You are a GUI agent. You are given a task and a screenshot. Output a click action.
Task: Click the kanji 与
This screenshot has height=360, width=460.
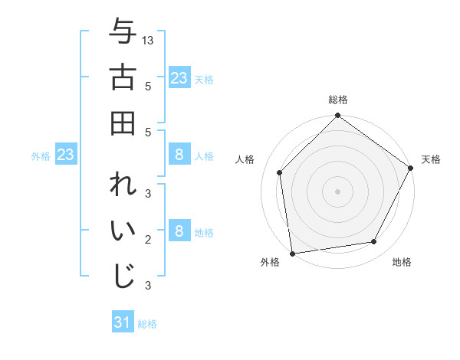[x=123, y=33]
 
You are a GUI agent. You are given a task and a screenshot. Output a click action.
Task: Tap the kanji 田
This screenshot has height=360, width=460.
[x=123, y=123]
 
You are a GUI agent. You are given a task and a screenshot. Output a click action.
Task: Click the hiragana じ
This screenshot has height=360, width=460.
[x=123, y=276]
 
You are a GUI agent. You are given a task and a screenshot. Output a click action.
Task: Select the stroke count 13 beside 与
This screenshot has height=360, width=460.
[x=149, y=40]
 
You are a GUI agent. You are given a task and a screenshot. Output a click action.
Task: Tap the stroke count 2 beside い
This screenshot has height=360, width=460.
[x=147, y=240]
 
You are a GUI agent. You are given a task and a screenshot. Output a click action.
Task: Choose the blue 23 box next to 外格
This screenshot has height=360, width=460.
[x=65, y=155]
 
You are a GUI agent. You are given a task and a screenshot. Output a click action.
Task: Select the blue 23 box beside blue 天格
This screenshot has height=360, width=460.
[x=179, y=78]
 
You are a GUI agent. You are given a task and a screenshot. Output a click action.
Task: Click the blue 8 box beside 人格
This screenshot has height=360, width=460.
[x=179, y=155]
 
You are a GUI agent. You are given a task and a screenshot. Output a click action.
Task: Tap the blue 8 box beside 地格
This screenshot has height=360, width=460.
[x=179, y=231]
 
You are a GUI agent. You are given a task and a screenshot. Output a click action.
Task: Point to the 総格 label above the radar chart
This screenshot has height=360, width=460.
[x=337, y=100]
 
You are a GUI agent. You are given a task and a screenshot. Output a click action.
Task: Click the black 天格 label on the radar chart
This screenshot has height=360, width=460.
[x=431, y=159]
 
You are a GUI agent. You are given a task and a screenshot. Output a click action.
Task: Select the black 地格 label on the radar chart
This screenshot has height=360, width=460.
[x=402, y=262]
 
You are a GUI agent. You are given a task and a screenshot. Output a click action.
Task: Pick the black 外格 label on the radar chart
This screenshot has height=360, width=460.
[x=270, y=262]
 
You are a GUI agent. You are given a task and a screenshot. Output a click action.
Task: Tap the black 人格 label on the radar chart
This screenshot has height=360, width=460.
[x=245, y=159]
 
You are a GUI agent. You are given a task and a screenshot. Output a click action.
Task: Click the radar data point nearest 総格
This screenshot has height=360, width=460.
[x=337, y=116]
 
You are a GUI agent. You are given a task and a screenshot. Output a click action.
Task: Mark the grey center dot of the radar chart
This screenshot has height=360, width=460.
[x=337, y=191]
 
